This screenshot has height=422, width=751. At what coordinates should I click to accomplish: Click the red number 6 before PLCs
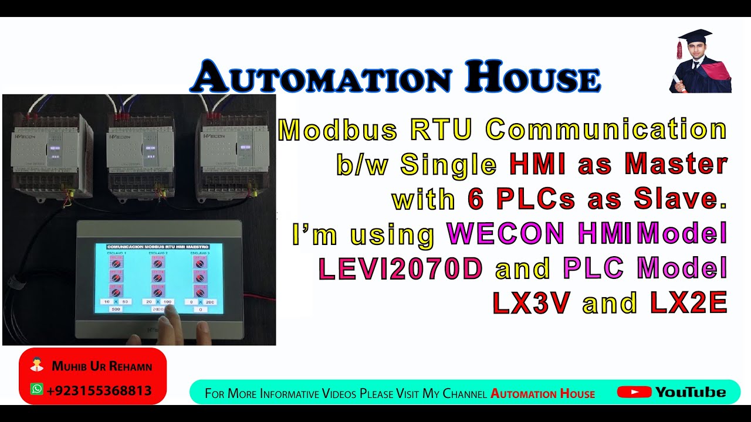[475, 200]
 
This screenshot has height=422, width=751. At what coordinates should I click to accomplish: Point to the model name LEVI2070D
[401, 268]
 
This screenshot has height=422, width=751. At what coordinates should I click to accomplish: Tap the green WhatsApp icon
[37, 389]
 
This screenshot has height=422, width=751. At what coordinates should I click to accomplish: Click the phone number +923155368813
[99, 390]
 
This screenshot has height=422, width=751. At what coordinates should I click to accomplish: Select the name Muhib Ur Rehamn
[102, 367]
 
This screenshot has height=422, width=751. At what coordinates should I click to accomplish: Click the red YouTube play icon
[634, 392]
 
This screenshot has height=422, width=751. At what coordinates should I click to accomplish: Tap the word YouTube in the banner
[691, 392]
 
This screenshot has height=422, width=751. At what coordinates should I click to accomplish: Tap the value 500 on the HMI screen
[116, 309]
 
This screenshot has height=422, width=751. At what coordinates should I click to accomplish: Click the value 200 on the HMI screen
[210, 301]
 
